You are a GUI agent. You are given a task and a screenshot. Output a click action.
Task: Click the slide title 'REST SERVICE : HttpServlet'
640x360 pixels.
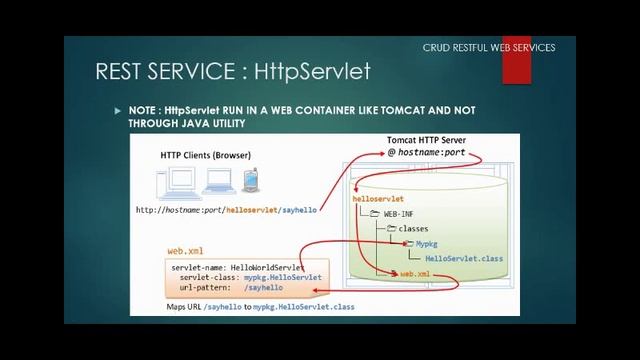232,71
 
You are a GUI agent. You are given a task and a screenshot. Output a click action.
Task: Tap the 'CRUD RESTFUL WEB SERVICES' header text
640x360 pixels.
488,47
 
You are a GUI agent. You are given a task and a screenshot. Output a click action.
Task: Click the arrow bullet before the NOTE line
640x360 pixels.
116,110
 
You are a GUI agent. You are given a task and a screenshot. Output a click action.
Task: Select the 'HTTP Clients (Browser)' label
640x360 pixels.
205,155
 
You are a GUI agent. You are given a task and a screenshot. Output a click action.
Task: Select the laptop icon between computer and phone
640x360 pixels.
216,183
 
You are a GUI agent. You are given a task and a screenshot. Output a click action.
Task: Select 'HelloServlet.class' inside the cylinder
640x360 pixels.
464,258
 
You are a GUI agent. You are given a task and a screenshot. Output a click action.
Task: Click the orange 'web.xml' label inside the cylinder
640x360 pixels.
415,273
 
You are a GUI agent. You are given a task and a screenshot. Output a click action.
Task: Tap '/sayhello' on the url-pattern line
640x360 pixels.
266,288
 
